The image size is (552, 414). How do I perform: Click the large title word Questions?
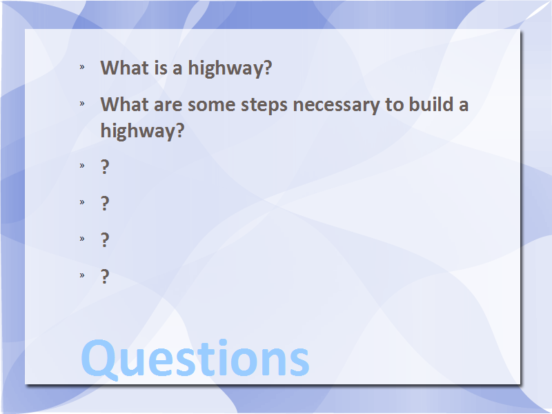pos(195,359)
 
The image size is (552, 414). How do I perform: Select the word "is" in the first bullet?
pos(161,67)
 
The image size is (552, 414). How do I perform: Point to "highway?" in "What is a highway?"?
pos(230,68)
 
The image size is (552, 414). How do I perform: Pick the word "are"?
pos(168,106)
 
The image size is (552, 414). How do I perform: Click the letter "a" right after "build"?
pos(464,106)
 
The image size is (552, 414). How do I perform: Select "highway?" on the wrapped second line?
pos(142,131)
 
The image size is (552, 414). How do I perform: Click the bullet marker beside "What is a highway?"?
pos(82,67)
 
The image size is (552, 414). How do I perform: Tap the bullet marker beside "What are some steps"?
pos(82,103)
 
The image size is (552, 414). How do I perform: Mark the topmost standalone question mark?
pos(105,166)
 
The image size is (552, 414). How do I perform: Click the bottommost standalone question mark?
pos(105,276)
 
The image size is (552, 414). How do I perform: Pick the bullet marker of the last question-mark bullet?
pos(82,275)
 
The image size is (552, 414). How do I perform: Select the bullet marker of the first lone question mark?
pos(82,166)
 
